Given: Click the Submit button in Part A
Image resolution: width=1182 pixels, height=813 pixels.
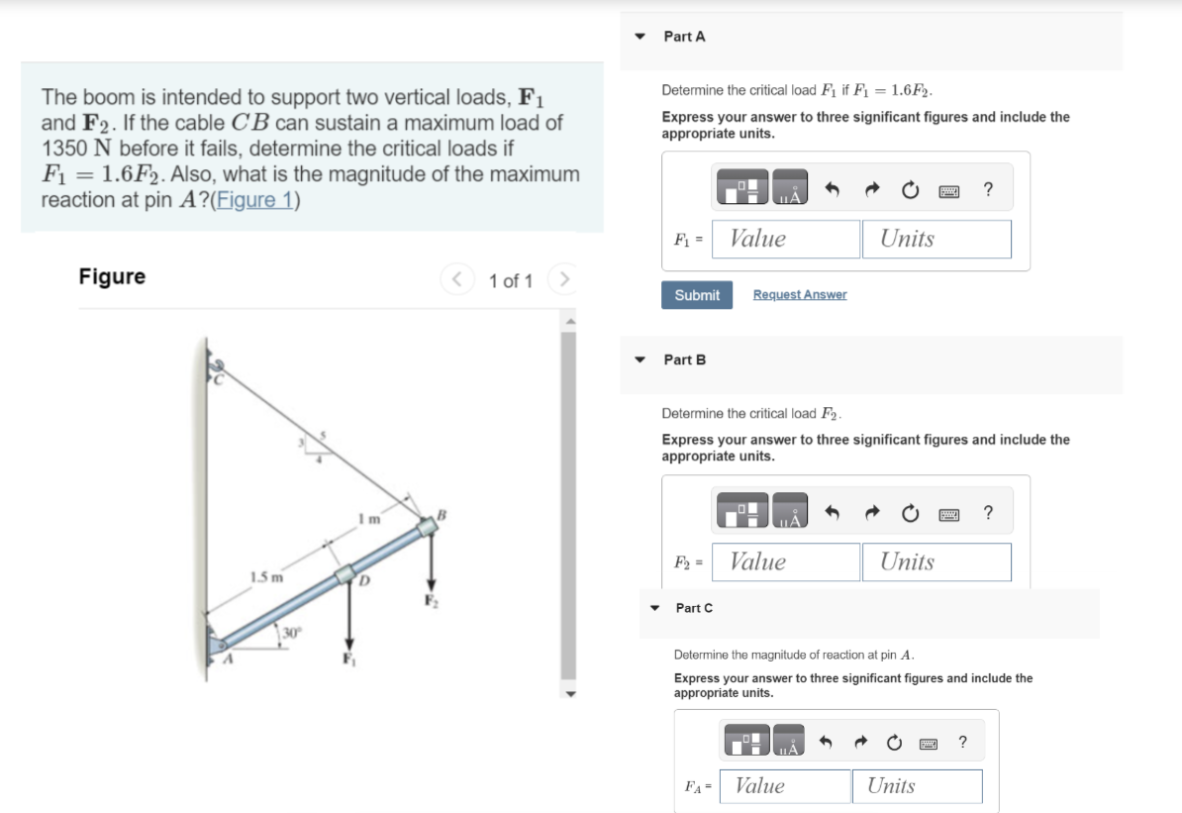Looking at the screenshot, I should [x=697, y=295].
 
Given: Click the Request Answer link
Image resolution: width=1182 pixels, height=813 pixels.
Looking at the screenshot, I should [x=799, y=295].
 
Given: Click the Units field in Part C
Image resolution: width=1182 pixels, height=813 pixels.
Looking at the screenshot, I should [x=917, y=786].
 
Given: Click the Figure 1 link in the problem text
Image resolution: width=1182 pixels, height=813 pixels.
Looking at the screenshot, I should [x=264, y=199].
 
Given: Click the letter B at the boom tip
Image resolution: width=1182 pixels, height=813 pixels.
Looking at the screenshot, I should [x=443, y=512].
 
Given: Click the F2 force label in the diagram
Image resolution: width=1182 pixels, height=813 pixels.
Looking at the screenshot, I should [x=431, y=599].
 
